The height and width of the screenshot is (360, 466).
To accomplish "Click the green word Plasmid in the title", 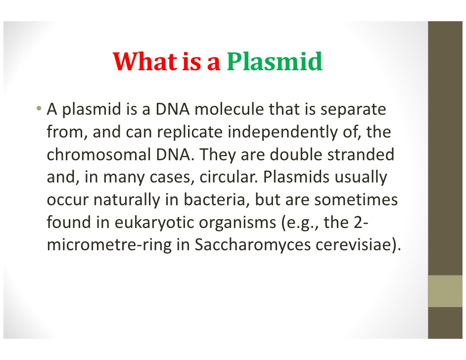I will (275, 62).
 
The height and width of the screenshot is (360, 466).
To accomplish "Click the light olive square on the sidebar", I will (445, 291).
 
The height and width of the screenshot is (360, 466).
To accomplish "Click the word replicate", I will (190, 132).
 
